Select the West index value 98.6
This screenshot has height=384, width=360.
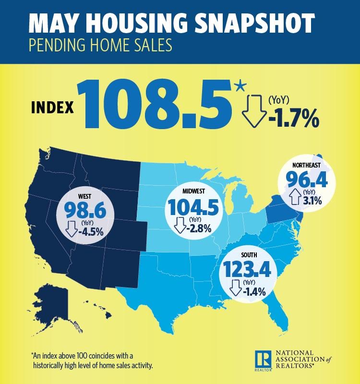point(84,211)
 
